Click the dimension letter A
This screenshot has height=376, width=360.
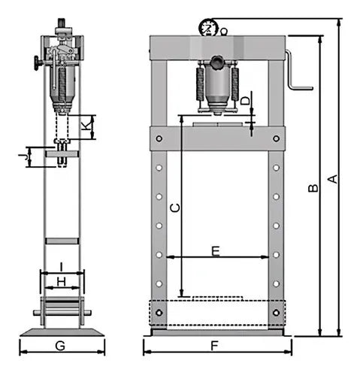tap(333, 179)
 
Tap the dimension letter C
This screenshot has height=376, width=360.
tap(175, 208)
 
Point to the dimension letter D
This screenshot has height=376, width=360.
tap(245, 101)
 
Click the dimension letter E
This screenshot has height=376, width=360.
tap(216, 251)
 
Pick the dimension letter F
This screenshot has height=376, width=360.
tap(214, 346)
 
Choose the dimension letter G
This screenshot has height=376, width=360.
tap(60, 346)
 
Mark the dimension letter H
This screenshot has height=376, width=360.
tap(62, 282)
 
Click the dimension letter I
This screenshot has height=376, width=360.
tap(62, 267)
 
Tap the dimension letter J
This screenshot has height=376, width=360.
tap(23, 157)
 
